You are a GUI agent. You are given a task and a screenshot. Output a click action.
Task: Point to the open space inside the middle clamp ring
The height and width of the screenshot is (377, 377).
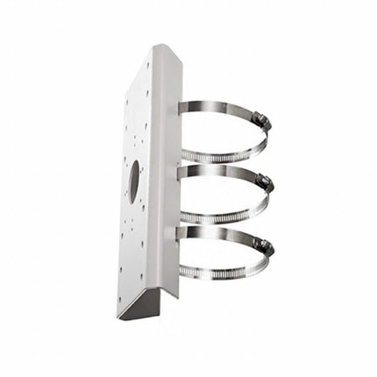[224, 195]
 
